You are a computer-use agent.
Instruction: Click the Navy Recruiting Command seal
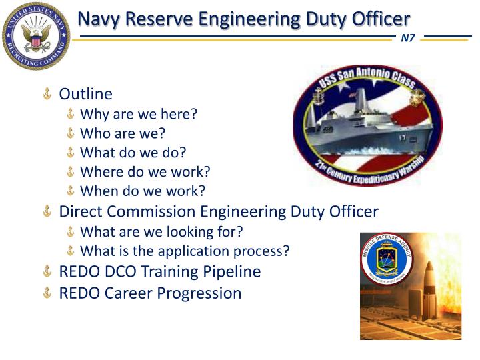coord(35,35)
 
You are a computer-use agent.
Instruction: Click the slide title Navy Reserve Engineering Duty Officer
coord(244,19)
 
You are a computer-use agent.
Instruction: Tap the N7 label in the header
coord(407,37)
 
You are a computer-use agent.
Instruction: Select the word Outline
coord(86,94)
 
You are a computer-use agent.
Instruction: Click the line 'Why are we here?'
coord(139,114)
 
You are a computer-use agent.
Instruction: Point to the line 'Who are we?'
coord(123,133)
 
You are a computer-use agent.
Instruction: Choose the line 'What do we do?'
coord(133,153)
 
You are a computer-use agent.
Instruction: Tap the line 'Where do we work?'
coord(145,172)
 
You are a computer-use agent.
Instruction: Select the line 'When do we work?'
coord(142,191)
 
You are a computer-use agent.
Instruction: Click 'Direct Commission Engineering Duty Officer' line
coord(219,212)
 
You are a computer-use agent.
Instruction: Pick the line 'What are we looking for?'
coord(161,232)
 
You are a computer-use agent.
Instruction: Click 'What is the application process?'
coord(185,251)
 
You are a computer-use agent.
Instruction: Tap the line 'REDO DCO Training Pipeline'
coord(160,272)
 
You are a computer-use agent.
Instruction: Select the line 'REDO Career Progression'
coord(150,293)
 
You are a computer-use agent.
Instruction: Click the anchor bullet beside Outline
coord(47,95)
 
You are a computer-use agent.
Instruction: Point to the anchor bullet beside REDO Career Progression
coord(47,293)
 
